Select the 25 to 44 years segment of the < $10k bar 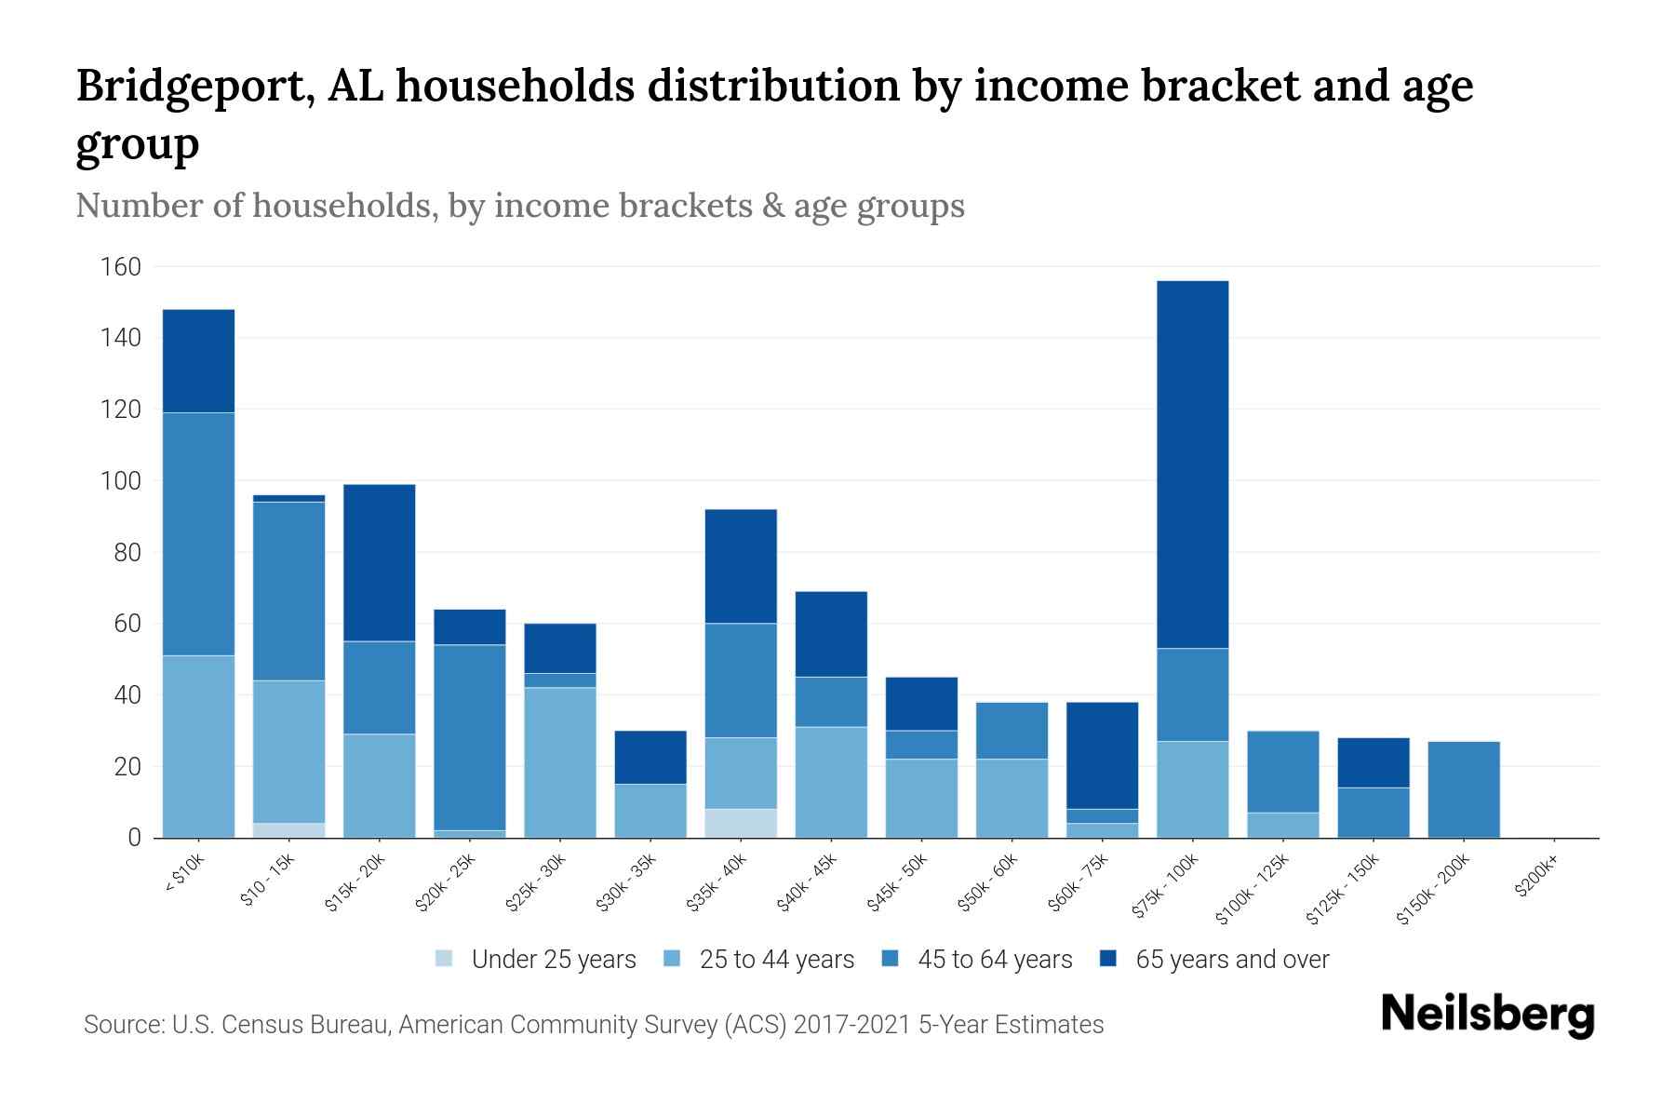198,747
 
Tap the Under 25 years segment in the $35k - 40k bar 741,823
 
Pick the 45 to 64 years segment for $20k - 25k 469,737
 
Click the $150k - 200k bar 1464,789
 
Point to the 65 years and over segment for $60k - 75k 1102,755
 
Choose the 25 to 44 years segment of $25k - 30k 559,762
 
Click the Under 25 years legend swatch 445,959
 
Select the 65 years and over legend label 1232,960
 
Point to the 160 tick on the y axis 121,267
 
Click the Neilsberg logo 1487,1015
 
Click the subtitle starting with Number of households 519,206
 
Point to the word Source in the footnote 122,1025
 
